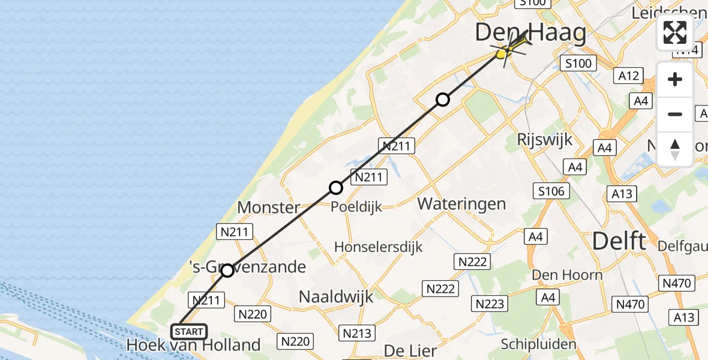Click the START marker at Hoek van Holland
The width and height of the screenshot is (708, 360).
click(x=189, y=332)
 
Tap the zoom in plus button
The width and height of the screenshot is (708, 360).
click(x=675, y=79)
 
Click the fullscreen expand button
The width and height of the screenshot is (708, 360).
click(x=675, y=32)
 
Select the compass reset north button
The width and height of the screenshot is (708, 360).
click(x=675, y=149)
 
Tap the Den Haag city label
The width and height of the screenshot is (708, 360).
click(x=530, y=32)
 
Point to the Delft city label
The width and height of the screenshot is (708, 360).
click(x=619, y=241)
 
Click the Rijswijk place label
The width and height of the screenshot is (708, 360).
click(x=544, y=140)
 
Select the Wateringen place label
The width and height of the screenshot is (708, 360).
click(x=461, y=203)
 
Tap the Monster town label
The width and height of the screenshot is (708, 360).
click(x=268, y=208)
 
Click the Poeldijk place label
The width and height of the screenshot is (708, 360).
click(x=356, y=206)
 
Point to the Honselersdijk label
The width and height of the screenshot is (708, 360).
click(x=378, y=247)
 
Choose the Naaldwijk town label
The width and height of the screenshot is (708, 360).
click(x=336, y=296)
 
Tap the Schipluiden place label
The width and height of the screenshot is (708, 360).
click(x=539, y=344)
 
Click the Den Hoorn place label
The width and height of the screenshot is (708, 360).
click(x=567, y=275)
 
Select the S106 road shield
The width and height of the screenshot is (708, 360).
click(x=550, y=191)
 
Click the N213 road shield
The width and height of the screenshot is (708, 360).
click(x=356, y=333)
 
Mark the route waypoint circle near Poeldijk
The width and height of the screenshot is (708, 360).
click(x=336, y=188)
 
